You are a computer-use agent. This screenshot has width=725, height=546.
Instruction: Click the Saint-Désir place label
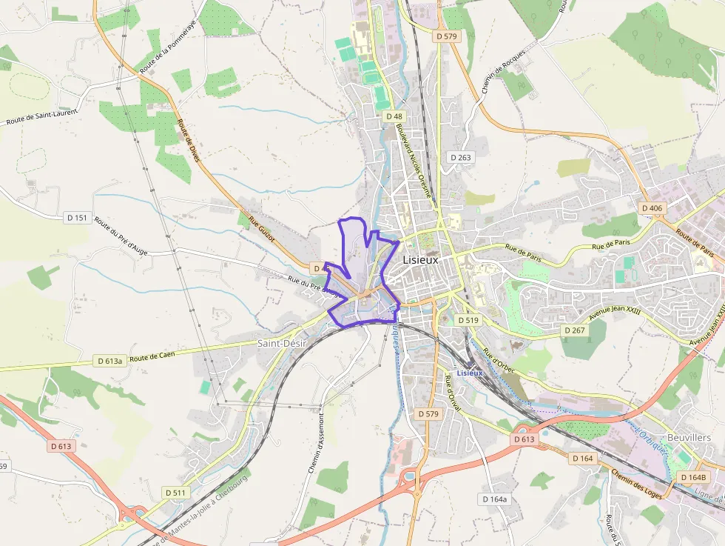coord(282,343)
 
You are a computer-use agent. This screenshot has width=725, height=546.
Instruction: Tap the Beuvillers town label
coord(689,437)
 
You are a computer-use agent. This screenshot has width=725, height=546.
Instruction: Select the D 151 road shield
coord(77,218)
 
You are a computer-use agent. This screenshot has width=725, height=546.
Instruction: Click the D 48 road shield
coord(394,116)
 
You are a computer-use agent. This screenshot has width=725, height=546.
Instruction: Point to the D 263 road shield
coord(460,157)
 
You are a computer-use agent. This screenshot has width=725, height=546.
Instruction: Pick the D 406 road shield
coord(652,208)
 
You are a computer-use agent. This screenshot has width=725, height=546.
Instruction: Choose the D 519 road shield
coord(468,320)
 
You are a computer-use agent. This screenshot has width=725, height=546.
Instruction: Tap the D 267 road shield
coord(574,330)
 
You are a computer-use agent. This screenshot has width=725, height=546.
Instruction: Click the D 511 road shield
coord(176,493)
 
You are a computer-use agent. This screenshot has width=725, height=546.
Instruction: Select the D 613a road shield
coord(110,361)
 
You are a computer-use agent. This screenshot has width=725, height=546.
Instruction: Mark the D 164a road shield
coord(495,499)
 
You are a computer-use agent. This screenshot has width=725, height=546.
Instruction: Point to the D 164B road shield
coord(693,477)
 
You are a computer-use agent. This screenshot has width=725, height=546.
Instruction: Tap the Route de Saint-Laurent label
coord(41,116)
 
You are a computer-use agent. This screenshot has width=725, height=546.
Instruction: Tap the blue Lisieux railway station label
coord(470,373)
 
